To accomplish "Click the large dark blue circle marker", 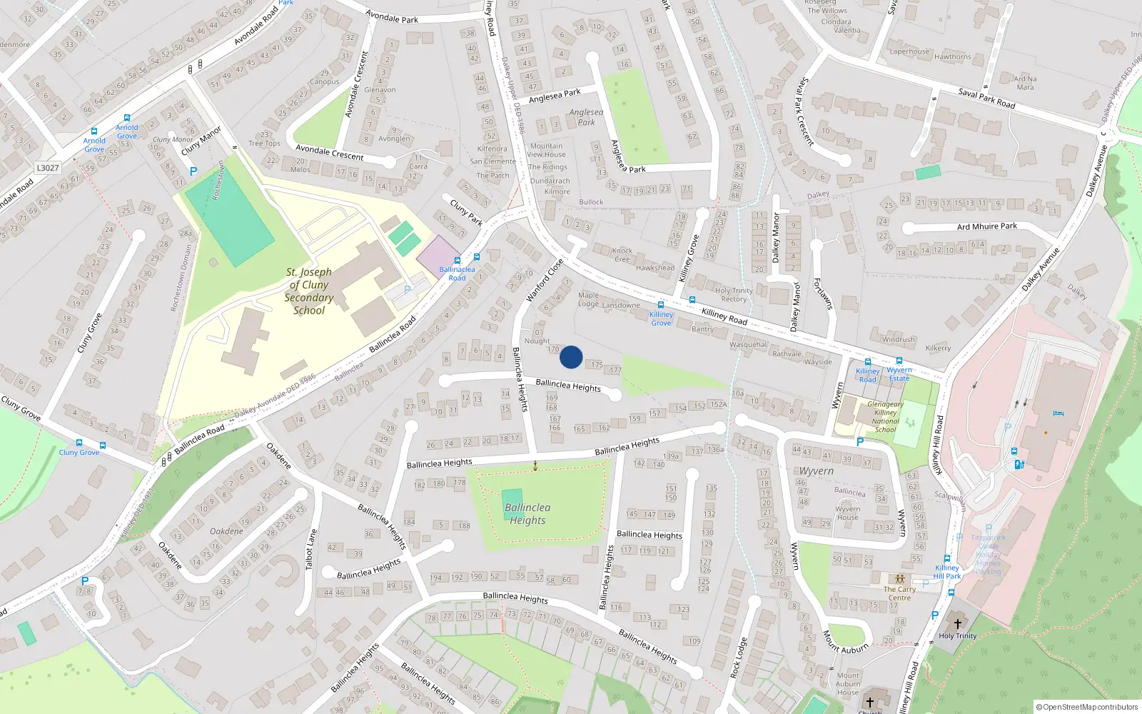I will point(571,357).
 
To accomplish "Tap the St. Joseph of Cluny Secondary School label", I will point(309,291).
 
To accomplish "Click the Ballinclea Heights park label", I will point(527,513).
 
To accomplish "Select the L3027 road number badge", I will point(48,168).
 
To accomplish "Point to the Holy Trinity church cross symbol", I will point(958,623).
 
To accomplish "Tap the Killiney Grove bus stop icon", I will point(661,305).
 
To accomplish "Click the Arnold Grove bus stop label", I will point(94,145).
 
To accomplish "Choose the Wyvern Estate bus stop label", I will point(899,374).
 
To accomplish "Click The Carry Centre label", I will point(899,593).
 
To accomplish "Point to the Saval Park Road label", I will point(986,98).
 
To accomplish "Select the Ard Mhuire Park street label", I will point(986,226).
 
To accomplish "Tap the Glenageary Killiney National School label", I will point(885,417).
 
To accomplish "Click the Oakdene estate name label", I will point(226,531).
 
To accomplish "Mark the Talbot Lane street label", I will point(310,549).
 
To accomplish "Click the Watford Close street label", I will point(545,280).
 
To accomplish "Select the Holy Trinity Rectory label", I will point(734,295).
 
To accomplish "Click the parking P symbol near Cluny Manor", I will point(193,171).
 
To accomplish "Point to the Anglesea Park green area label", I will point(586,117).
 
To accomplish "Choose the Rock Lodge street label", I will point(739,658).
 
